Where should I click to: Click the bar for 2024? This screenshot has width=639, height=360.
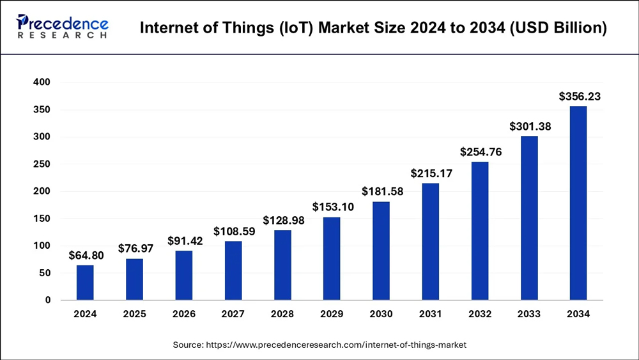(x=85, y=283)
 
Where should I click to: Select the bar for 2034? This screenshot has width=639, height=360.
(x=578, y=203)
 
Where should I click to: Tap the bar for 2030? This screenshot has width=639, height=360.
(x=381, y=251)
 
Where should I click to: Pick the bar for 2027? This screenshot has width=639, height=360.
(x=233, y=270)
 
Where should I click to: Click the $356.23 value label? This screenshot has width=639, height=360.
(x=580, y=97)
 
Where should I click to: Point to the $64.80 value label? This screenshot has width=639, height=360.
(x=86, y=256)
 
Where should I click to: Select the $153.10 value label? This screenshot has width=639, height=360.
(x=332, y=207)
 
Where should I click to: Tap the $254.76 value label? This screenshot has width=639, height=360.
(x=481, y=152)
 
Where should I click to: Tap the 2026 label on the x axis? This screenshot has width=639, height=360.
(x=184, y=314)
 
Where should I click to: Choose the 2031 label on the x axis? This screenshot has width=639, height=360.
(x=430, y=314)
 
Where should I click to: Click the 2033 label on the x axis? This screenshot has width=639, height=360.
(x=528, y=314)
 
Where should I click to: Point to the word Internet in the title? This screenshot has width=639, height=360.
(x=165, y=28)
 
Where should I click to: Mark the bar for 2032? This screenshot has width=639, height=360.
(x=479, y=231)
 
